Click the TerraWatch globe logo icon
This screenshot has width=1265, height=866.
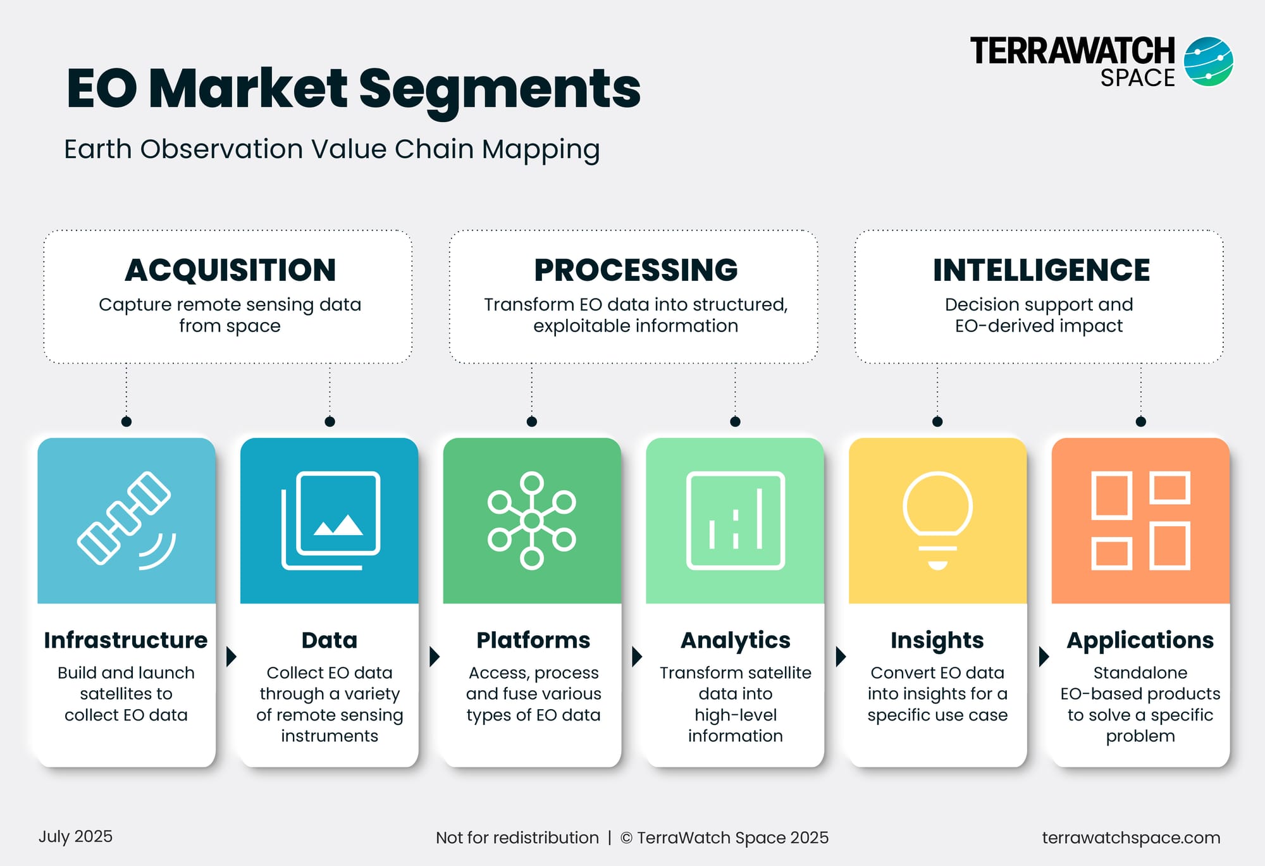1208,61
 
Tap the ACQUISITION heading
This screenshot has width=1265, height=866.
230,270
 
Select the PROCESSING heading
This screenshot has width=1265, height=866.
636,270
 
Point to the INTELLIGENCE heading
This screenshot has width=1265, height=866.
1041,270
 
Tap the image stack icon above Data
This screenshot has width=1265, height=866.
330,520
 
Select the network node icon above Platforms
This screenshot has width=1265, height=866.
532,520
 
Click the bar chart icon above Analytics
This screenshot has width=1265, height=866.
735,520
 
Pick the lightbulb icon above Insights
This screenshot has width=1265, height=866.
937,520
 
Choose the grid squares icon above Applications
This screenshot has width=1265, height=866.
1140,520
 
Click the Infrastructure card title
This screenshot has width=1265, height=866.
126,640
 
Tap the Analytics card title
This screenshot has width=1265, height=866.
735,641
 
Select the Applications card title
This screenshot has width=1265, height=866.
1140,641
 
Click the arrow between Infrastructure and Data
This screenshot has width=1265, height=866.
231,656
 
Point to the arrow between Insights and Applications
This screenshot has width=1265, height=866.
1044,656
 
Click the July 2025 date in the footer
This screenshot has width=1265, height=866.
75,836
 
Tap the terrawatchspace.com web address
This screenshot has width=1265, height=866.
1131,838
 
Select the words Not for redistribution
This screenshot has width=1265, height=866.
517,838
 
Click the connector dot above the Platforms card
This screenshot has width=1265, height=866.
532,421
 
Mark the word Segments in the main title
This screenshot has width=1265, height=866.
500,89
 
